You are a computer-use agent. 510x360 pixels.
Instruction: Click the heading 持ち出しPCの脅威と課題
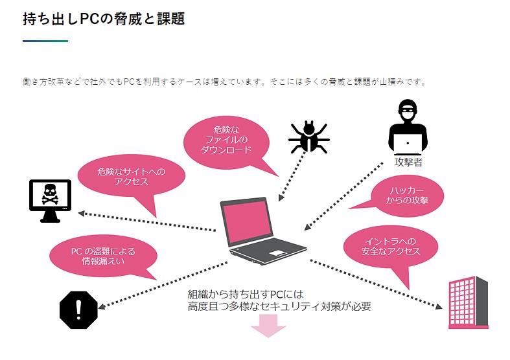104,19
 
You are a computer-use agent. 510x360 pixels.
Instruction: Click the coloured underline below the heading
45,41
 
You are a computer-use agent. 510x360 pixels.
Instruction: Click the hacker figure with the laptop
408,126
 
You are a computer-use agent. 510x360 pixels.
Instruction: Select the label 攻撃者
408,162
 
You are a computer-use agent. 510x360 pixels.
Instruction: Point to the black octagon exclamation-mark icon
78,310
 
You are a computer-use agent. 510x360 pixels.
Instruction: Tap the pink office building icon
468,303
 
